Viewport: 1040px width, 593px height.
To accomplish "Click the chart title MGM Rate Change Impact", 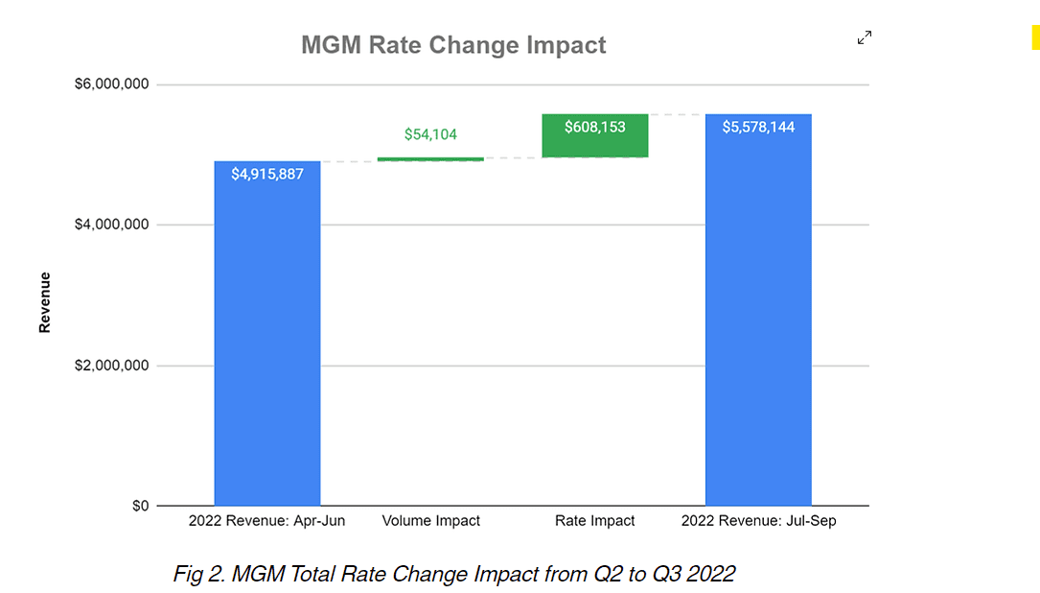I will pos(453,45).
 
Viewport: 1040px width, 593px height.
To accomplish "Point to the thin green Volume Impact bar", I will pos(430,159).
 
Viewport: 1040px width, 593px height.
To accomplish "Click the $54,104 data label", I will pos(430,135).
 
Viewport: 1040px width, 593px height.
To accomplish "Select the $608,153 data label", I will pos(594,127).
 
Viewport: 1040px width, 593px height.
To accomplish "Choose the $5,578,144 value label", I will pos(758,127).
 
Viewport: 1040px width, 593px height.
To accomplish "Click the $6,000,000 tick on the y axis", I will pos(112,84).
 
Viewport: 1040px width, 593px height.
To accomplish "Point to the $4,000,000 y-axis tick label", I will pos(112,225).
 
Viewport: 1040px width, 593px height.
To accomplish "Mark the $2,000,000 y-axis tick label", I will pos(112,366).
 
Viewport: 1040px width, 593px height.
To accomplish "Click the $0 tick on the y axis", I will pos(140,506).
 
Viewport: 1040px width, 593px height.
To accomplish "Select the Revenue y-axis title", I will pos(45,302).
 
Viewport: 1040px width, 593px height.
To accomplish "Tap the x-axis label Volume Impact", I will pos(430,521).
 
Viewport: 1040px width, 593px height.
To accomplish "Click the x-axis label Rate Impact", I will pos(594,521).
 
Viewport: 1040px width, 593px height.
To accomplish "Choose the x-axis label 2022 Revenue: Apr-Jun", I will pos(266,521).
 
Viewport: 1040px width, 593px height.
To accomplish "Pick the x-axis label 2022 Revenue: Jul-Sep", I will pos(758,521).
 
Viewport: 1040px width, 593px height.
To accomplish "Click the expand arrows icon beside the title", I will pos(865,38).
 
